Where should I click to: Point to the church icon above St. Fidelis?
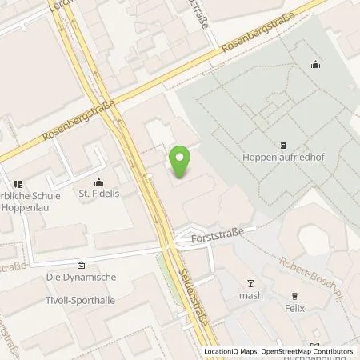coord(98,182)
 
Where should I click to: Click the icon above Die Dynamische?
coord(81,266)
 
